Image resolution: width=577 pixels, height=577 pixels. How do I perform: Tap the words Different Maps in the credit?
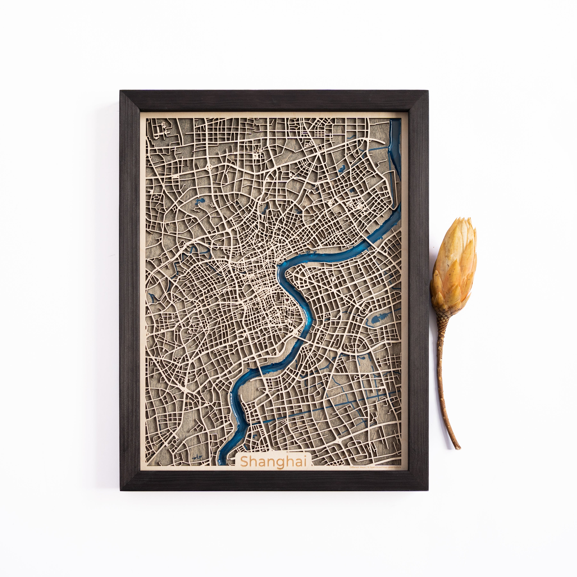pos(357,467)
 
